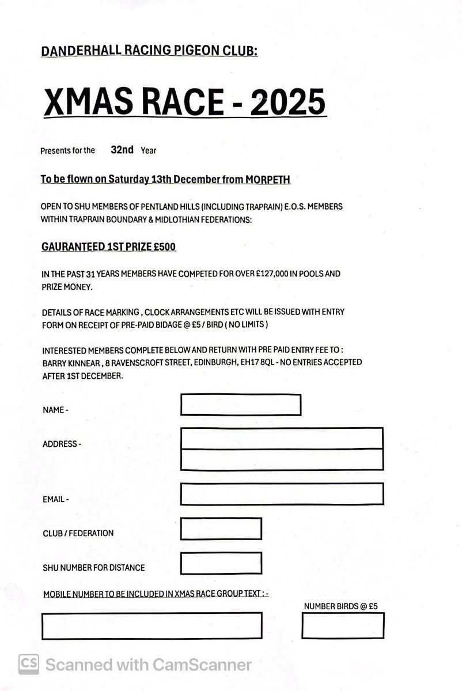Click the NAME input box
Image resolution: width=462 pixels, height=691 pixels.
[x=241, y=404]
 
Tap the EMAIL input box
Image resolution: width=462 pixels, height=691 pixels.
[x=282, y=494]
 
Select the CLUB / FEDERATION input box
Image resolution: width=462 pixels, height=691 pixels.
[x=221, y=529]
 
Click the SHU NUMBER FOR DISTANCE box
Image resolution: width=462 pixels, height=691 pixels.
[x=221, y=563]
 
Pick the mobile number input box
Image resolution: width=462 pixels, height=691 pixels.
[x=152, y=625]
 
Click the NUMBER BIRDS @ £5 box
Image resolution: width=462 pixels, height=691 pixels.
[x=343, y=625]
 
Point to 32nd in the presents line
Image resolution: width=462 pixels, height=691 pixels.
[x=122, y=150]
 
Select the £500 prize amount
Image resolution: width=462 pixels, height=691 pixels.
[x=163, y=247]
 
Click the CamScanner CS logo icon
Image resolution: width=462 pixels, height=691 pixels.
[x=28, y=665]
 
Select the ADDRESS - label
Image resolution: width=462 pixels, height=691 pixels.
[x=62, y=445]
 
